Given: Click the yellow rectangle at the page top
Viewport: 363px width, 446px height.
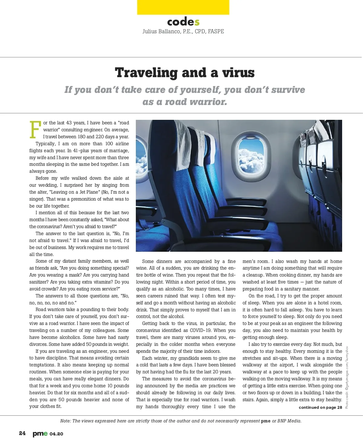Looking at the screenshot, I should click(x=183, y=7).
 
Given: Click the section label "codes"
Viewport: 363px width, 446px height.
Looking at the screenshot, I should click(x=183, y=22).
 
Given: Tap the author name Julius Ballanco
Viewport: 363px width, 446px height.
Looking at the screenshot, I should click(x=162, y=31).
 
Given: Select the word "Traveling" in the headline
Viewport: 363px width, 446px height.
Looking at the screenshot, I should click(x=146, y=73).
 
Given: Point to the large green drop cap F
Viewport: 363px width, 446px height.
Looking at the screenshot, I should click(x=35, y=130).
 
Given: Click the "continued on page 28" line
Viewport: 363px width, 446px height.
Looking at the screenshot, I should click(x=320, y=407).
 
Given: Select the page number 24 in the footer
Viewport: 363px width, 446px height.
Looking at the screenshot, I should click(x=22, y=433).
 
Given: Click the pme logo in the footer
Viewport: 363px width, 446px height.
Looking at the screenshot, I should click(x=40, y=434).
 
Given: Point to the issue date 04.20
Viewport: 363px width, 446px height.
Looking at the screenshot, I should click(x=57, y=434).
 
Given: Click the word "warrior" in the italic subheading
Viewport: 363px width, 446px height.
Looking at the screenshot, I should click(x=208, y=102).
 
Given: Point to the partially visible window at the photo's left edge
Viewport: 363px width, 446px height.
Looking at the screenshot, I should click(x=141, y=156).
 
